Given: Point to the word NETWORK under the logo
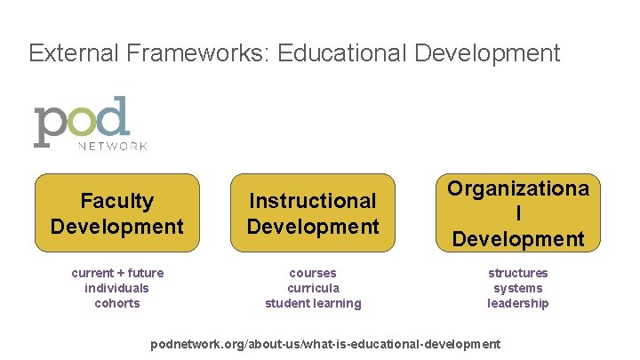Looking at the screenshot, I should [113, 145].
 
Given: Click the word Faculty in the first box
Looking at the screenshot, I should [116, 202].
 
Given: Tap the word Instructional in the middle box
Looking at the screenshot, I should [313, 202].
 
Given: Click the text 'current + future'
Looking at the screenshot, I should [117, 273].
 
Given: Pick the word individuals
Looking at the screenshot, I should [117, 288].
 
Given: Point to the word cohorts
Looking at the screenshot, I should [117, 303].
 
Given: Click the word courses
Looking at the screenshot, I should [313, 273].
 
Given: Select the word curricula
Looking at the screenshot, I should [313, 288].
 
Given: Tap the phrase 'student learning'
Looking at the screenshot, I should [313, 303].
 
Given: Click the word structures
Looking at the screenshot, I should [517, 273].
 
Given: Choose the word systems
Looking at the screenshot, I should [517, 288].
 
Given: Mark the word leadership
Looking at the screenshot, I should [517, 303].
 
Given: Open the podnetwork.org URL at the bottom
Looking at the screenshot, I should [325, 344].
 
